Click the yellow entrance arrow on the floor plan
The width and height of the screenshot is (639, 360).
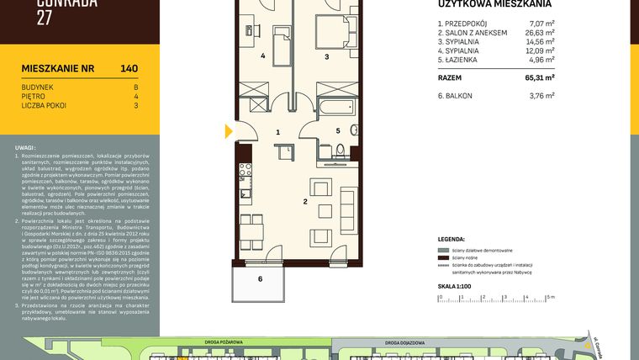[227, 131]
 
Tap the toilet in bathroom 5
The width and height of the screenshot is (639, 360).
[341, 151]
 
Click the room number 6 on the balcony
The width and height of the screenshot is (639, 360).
[260, 278]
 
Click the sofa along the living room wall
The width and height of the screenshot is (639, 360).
[347, 202]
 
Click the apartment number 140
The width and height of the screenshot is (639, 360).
[129, 69]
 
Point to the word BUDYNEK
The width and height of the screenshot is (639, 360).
[37, 87]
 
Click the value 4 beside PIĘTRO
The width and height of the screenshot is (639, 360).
[135, 96]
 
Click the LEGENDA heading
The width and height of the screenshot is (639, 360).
[452, 239]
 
